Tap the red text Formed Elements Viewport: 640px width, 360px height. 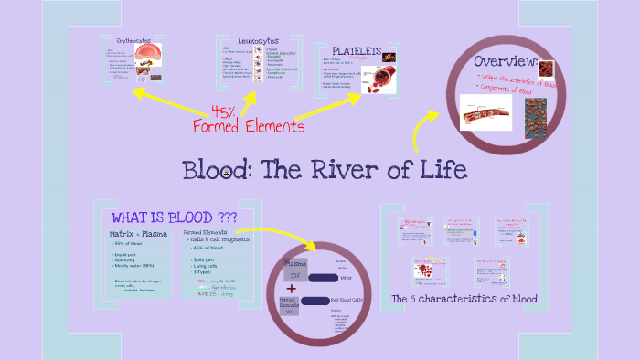click(248, 126)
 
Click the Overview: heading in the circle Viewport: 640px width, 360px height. click(504, 61)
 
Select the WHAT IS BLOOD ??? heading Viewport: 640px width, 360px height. click(174, 217)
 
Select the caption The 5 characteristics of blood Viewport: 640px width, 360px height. click(464, 299)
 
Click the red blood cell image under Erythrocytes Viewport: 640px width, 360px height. click(148, 57)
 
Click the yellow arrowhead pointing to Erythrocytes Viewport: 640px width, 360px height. click(137, 92)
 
